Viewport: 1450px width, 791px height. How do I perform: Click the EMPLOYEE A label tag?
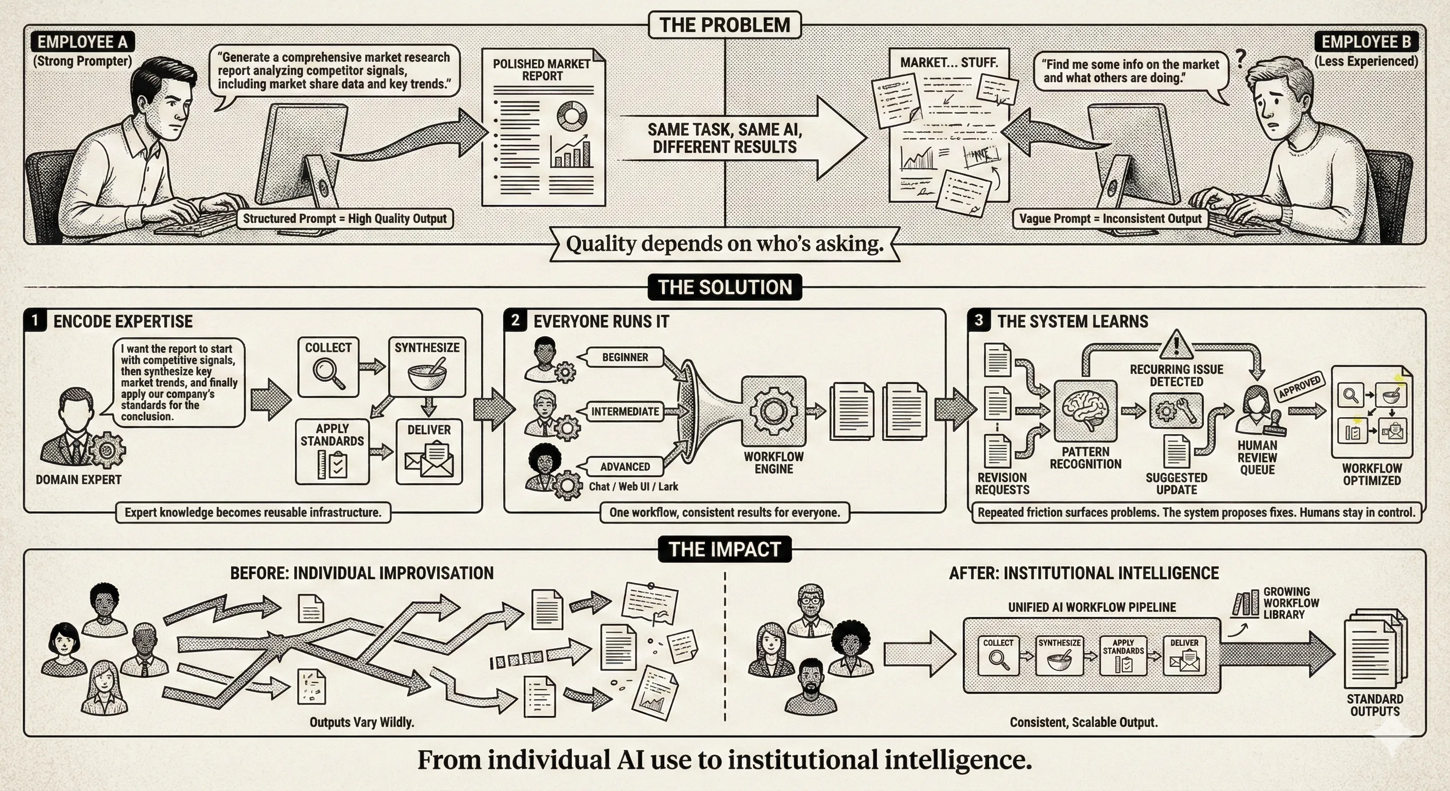[82, 42]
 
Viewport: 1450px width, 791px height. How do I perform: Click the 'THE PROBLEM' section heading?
[724, 25]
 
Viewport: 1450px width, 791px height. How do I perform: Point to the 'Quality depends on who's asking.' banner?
[724, 244]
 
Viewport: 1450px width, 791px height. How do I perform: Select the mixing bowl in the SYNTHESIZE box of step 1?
[427, 375]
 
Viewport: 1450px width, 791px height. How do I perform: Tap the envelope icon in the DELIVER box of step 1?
[429, 459]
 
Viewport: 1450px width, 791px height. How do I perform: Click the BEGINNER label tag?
[624, 357]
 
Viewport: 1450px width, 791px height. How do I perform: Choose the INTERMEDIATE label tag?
[625, 411]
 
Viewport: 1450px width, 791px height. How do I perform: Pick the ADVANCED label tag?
[624, 467]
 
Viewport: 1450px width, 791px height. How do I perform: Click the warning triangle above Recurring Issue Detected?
[1176, 345]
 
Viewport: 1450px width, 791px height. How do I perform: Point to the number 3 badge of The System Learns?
[979, 320]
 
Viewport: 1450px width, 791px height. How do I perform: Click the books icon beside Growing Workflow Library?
[1245, 604]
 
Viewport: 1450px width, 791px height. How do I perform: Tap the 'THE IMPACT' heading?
[724, 549]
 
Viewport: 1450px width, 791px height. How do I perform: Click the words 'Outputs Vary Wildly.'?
[362, 722]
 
